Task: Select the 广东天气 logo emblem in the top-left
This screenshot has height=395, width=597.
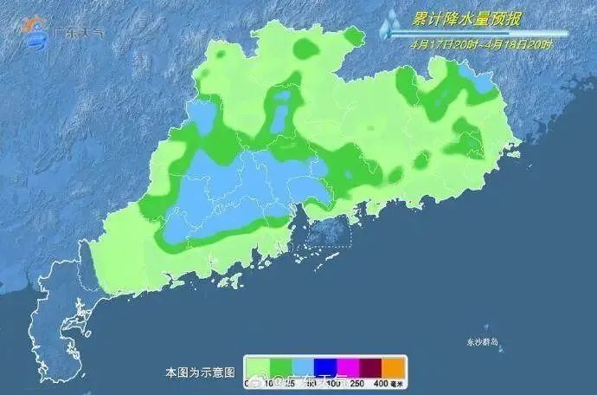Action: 37,30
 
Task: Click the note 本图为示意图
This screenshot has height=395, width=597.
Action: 200,372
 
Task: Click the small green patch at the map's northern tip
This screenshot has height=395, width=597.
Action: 353,36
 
